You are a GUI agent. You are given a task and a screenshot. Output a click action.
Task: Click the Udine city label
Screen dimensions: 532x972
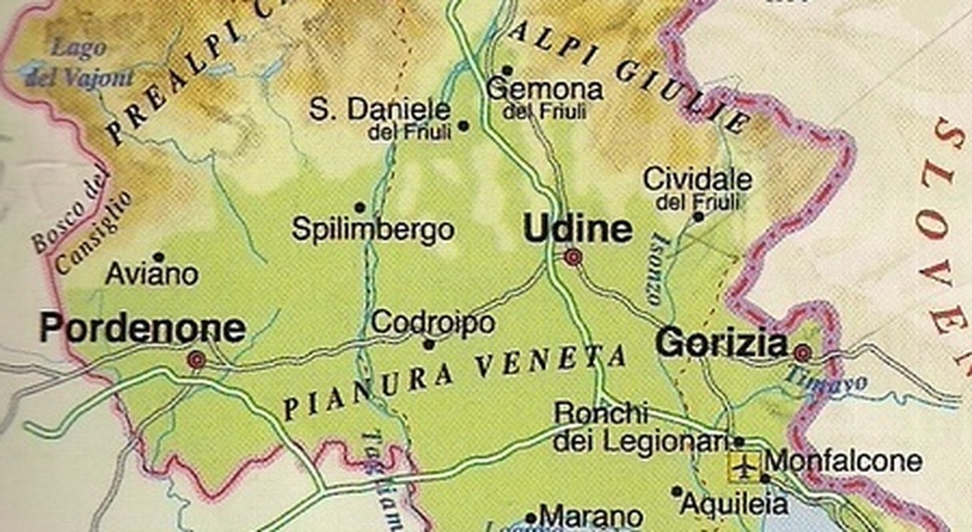coord(576,229)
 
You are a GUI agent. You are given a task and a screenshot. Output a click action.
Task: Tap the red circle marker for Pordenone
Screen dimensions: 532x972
coord(196,360)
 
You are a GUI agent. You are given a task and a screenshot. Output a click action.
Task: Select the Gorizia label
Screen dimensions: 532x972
coord(722,344)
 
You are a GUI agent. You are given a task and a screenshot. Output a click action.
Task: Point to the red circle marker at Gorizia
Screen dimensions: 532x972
coord(803,352)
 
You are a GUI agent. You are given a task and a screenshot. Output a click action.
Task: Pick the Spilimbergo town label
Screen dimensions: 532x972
coord(373,231)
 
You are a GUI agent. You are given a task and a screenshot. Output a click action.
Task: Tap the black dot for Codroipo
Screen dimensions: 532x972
coord(428,345)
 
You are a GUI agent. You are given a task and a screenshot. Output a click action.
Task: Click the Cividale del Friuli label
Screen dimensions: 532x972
coord(697,189)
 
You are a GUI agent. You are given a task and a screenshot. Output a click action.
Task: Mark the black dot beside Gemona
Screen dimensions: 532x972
coord(507,70)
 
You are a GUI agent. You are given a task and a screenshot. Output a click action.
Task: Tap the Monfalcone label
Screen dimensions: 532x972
coord(843,461)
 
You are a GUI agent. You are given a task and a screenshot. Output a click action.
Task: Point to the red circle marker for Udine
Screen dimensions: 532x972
coord(572,257)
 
